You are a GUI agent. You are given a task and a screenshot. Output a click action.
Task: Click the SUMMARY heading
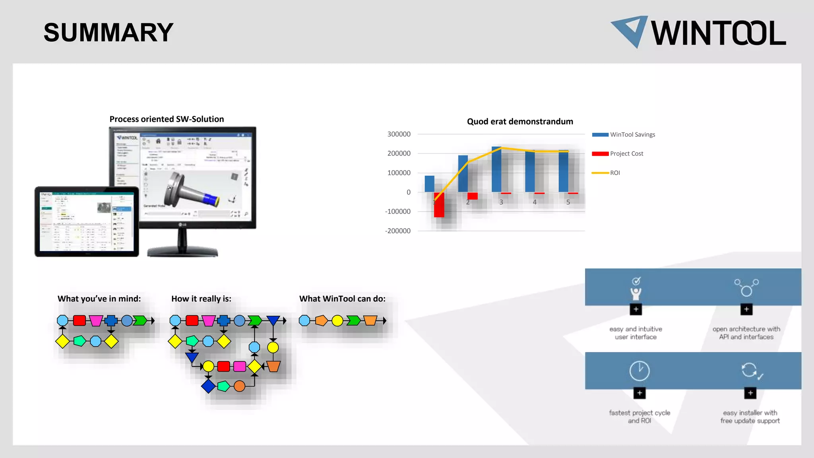[x=108, y=33]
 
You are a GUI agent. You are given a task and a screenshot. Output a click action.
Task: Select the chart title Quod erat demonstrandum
[x=519, y=122]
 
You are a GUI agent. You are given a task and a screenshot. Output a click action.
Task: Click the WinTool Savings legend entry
[x=632, y=135]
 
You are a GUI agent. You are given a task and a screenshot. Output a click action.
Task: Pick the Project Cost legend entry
[x=626, y=154]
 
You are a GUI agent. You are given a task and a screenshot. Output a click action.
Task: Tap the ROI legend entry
[x=614, y=173]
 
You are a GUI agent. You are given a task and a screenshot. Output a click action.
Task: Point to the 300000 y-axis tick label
[x=399, y=134]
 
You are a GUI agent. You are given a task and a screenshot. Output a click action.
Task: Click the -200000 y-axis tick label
[x=397, y=231]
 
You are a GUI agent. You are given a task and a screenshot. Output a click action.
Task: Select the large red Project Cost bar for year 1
[x=439, y=205]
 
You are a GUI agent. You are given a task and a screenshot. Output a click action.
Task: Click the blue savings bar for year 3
[x=496, y=170]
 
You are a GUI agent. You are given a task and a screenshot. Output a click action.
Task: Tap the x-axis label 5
[x=568, y=202]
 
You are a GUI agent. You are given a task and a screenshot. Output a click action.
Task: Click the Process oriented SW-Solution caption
[x=167, y=119]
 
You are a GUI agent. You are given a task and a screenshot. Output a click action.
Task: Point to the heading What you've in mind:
[x=99, y=299]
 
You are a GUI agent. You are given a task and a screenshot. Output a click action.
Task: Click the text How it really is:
[x=201, y=299]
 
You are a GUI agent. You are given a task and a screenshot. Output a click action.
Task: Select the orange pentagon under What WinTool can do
[x=321, y=320]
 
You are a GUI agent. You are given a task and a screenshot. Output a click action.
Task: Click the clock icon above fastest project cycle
[x=639, y=371]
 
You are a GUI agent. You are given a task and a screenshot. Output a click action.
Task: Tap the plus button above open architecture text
[x=746, y=309]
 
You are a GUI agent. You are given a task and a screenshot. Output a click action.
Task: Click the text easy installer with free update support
[x=750, y=417]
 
